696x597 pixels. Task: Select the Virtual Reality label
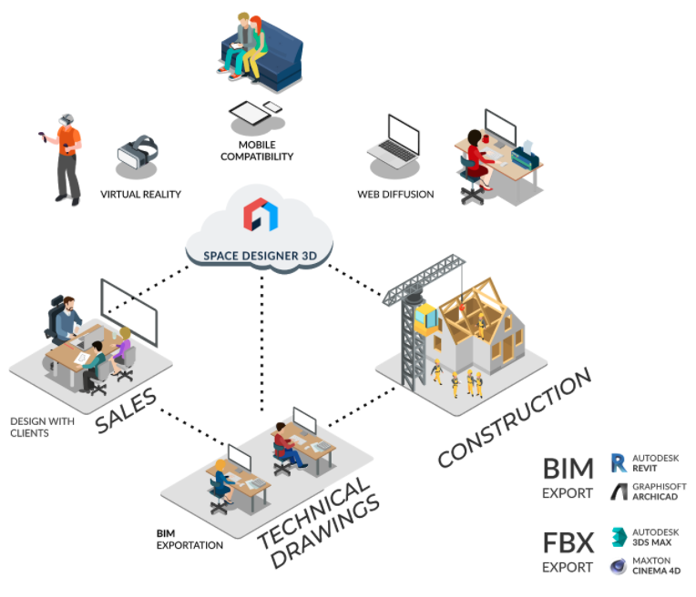point(141,194)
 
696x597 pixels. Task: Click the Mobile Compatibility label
point(257,150)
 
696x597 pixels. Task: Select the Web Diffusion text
point(396,194)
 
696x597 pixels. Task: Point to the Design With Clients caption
point(42,427)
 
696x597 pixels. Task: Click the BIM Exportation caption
point(189,540)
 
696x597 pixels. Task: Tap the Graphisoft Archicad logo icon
point(619,492)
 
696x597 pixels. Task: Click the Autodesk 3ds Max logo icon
point(619,536)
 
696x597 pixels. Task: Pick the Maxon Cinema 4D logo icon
point(619,566)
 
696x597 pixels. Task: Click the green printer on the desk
point(525,156)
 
